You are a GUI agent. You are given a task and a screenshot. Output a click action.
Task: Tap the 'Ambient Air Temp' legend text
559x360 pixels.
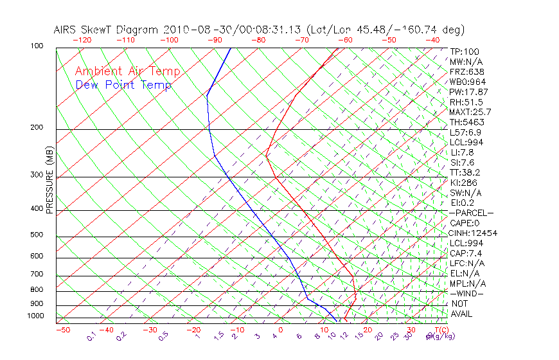coord(128,71)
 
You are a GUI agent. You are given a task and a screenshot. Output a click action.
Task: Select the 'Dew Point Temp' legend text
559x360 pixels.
coord(123,85)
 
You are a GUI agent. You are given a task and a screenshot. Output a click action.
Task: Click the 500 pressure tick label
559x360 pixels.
coord(37,235)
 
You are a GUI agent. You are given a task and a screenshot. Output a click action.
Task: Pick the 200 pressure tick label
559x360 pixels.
coord(37,127)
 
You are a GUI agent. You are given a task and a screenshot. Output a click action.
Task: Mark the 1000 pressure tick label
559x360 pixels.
coord(35,316)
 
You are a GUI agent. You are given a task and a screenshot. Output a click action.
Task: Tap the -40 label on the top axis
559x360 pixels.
coord(433,40)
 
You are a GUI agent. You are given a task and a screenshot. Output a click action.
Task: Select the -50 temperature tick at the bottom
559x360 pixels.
coord(62,330)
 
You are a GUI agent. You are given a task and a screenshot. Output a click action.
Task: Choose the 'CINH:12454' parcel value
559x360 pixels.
coord(474,233)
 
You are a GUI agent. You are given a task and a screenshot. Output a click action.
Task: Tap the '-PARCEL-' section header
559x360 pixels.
coord(471,213)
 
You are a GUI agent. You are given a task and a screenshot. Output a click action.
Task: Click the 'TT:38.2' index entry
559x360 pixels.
coord(466,172)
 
